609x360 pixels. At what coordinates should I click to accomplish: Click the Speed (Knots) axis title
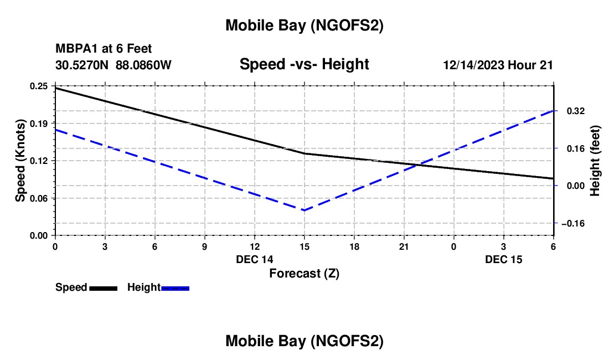coord(20,161)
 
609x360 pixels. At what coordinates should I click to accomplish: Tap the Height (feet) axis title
coord(595,161)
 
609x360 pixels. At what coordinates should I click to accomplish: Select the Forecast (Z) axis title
coord(304,273)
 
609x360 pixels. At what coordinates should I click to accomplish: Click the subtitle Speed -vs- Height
coord(304,64)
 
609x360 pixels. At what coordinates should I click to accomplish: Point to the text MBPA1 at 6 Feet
coord(104,49)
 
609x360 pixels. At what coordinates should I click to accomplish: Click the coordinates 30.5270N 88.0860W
coord(113,65)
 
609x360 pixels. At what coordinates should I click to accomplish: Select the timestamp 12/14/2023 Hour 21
coord(498,65)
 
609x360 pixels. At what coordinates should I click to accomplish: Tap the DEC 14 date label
coord(255,259)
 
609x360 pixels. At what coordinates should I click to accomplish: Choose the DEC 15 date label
coord(504,259)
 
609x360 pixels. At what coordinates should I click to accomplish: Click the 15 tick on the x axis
coord(304,246)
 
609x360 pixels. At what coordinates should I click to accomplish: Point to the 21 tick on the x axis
coord(404,246)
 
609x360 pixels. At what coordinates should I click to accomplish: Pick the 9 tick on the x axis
coord(204,246)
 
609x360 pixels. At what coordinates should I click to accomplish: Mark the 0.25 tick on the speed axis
coord(39,86)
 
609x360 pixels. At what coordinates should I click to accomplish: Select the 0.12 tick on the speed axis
coord(39,161)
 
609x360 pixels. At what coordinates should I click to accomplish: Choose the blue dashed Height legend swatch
coord(176,287)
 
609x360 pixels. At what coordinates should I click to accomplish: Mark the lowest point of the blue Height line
coord(304,210)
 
